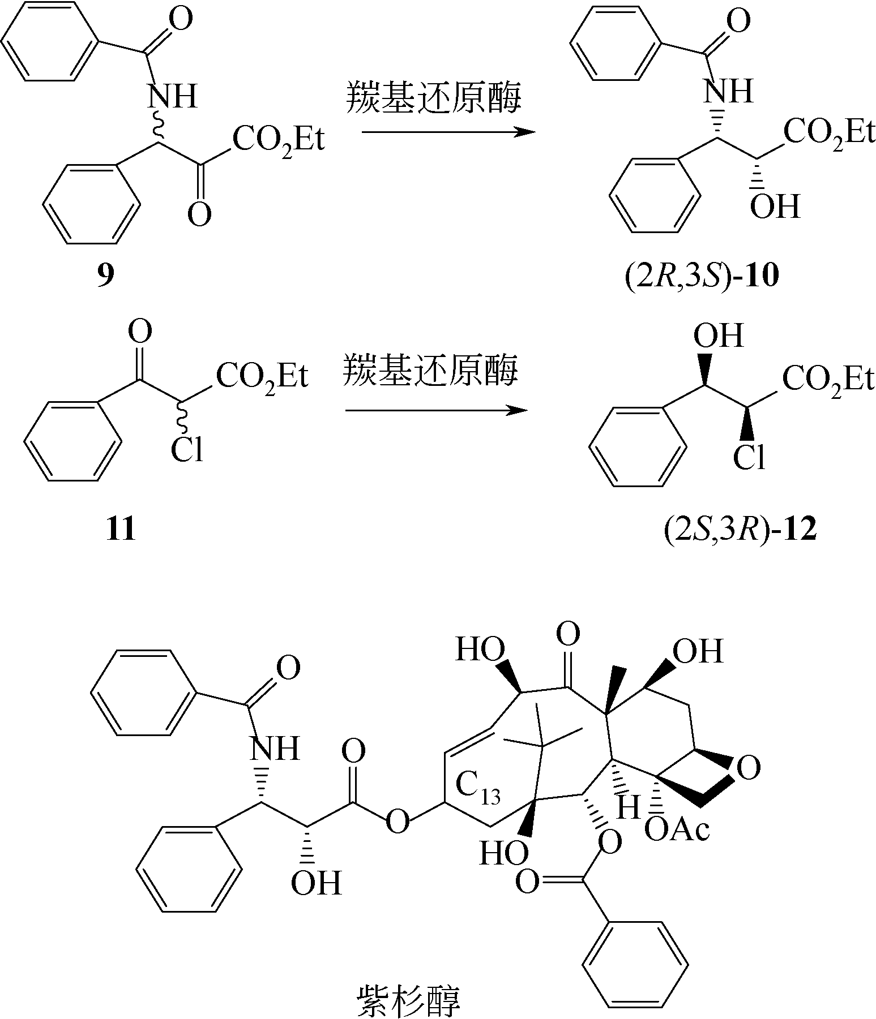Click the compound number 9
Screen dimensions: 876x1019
coord(106,276)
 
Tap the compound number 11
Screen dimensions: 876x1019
coord(121,530)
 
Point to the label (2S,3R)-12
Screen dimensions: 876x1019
coord(740,530)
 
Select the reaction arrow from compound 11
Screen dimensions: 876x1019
coord(436,409)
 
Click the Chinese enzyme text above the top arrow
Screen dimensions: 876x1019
coord(433,97)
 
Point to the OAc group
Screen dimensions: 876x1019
coord(677,830)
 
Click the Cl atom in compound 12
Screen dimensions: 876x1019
coord(749,457)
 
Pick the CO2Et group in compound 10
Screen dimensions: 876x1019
coord(830,134)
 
